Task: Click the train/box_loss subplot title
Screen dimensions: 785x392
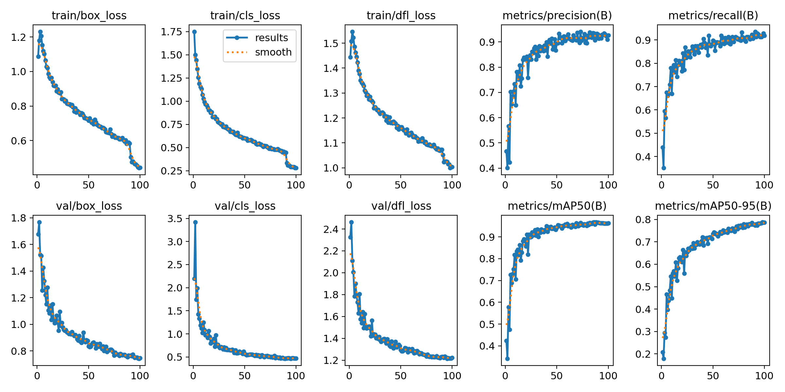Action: [x=89, y=15]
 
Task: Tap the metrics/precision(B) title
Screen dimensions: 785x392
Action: [x=557, y=15]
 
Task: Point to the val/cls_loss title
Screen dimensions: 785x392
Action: [x=245, y=206]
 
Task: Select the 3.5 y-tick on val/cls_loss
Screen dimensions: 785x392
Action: [x=174, y=219]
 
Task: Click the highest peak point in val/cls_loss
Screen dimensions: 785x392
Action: [x=195, y=222]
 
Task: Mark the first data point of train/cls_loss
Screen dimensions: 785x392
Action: [x=194, y=32]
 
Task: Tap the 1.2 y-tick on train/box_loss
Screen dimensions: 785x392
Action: [x=18, y=37]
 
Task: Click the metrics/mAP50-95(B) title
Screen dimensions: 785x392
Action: [x=713, y=206]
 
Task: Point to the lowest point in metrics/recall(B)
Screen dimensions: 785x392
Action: [x=664, y=168]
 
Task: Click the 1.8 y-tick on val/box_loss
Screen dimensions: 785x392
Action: [x=18, y=218]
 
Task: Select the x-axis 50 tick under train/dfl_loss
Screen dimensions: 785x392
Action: [x=400, y=185]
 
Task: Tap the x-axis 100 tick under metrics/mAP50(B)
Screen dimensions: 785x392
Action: [x=608, y=376]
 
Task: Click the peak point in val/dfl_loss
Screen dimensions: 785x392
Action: [x=351, y=222]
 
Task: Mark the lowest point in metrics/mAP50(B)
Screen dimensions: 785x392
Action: [x=507, y=359]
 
